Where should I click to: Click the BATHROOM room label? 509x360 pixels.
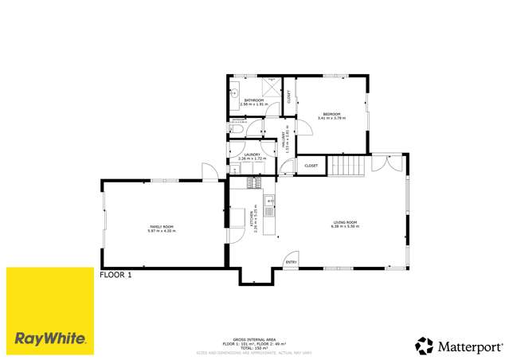[254, 101]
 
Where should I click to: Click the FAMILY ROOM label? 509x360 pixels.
[162, 229]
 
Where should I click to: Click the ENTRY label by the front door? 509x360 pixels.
[291, 261]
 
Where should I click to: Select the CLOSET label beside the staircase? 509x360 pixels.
[311, 166]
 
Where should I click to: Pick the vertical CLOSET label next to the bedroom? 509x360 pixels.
[288, 97]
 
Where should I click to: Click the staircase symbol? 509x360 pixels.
[347, 165]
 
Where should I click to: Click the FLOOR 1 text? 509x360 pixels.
[115, 275]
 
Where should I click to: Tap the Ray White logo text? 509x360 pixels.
[49, 338]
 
